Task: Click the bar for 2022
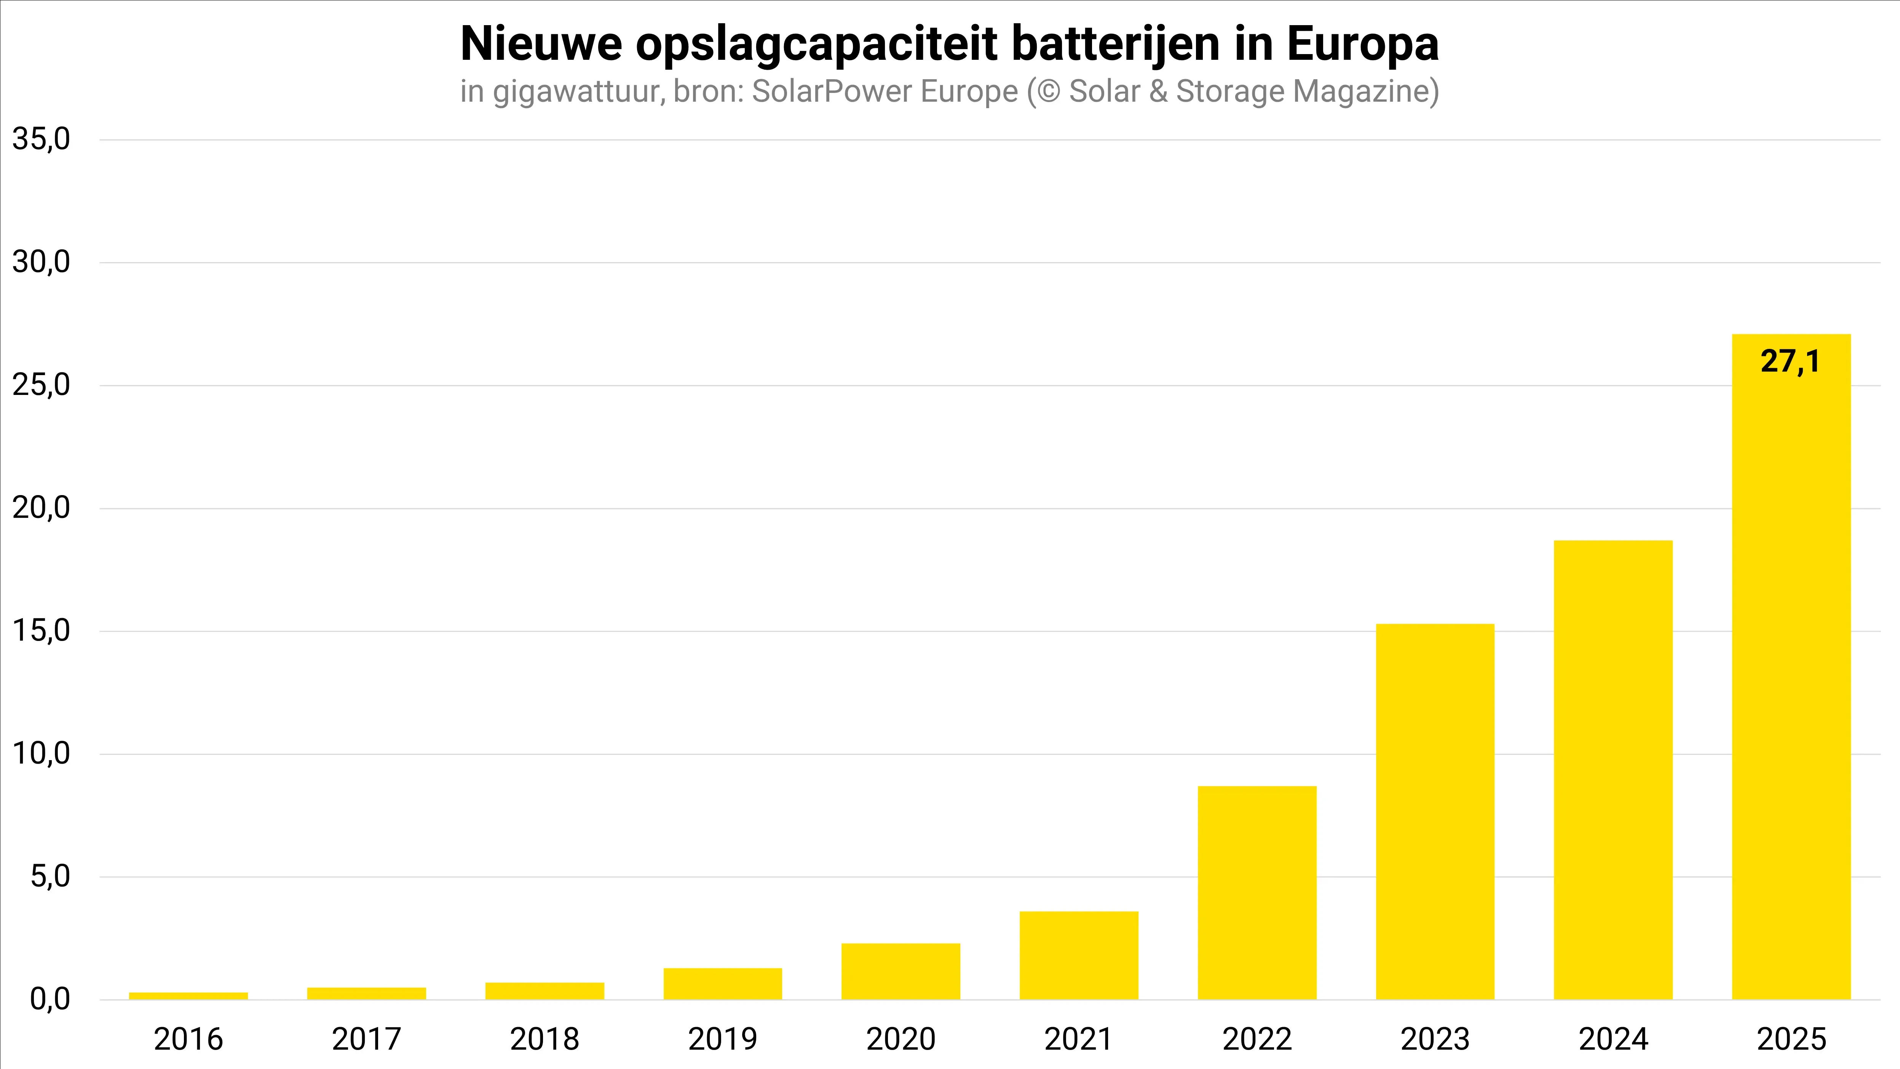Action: click(x=1257, y=893)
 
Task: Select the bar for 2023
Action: click(x=1435, y=812)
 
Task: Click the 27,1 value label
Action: click(x=1790, y=361)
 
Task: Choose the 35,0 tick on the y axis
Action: click(x=41, y=139)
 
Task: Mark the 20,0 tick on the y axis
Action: click(x=41, y=508)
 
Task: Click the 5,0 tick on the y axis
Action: click(x=50, y=876)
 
